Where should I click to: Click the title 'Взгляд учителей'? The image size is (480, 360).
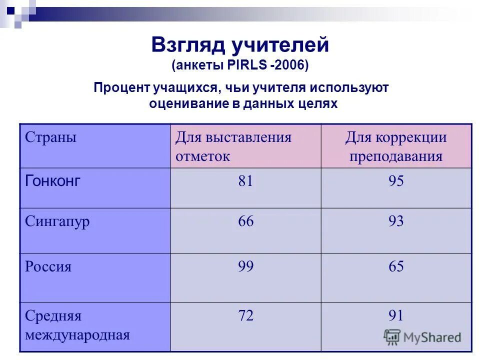click(240, 45)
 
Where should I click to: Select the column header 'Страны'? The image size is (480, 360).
click(50, 137)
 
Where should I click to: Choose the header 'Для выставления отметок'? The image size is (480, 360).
click(233, 146)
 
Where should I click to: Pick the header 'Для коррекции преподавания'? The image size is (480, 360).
click(396, 146)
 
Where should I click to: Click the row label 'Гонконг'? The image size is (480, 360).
click(52, 181)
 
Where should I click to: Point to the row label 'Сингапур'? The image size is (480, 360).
click(57, 221)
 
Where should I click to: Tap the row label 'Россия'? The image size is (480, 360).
click(48, 266)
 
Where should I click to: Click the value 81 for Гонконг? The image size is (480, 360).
click(245, 181)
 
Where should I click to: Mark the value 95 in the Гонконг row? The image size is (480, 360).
click(396, 181)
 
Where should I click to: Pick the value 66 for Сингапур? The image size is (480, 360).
click(245, 221)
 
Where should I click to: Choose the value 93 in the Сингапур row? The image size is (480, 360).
click(396, 221)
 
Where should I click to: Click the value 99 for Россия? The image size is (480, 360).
click(245, 266)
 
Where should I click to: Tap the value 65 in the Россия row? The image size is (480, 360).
click(396, 266)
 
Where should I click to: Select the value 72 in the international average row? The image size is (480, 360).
click(245, 316)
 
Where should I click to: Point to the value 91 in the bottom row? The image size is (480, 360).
click(396, 316)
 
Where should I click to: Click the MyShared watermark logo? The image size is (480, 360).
click(422, 337)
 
